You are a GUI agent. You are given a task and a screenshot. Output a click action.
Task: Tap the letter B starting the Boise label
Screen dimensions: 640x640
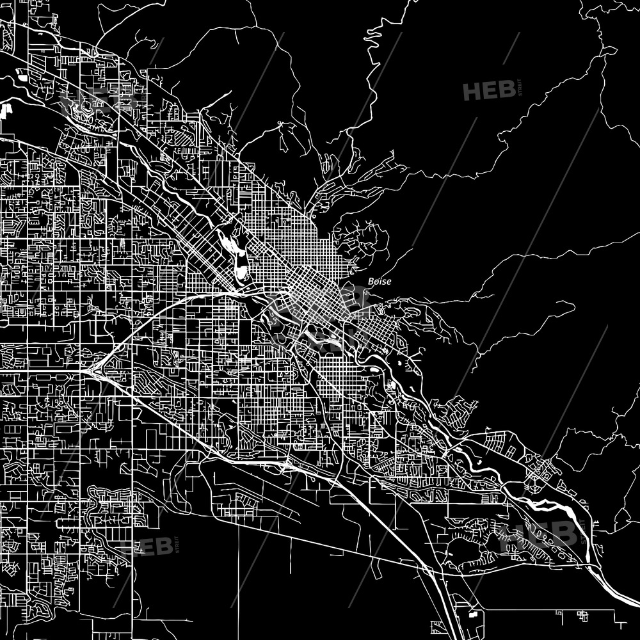point(371,281)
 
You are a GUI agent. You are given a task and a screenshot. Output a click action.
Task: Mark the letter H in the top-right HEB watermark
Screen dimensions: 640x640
point(472,91)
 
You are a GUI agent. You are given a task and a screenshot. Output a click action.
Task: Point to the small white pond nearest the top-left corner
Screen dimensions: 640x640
point(23,78)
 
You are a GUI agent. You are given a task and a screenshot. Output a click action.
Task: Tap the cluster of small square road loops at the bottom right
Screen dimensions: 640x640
point(582,616)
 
